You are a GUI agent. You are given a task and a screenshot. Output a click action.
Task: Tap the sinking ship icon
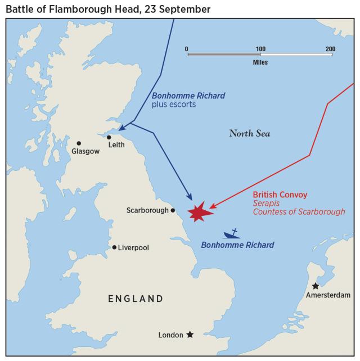(231, 234)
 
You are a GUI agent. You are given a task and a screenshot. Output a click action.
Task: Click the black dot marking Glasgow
(79, 143)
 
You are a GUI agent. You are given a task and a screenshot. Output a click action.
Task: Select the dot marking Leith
(109, 137)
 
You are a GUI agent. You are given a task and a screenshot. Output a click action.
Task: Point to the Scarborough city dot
(173, 211)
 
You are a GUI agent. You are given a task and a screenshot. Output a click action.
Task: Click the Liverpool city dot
(114, 247)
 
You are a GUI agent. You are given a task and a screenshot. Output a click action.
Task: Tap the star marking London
(190, 335)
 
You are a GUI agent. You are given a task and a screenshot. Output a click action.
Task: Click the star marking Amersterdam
(315, 286)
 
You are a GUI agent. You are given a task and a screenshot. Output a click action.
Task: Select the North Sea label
(249, 133)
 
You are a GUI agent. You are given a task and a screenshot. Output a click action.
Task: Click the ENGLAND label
(136, 299)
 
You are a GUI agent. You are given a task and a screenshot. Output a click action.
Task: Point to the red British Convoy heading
(280, 195)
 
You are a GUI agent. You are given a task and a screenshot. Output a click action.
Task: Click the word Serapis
(266, 204)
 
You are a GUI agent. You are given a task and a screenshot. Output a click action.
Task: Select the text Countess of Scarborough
(299, 212)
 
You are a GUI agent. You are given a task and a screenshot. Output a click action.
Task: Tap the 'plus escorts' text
(174, 105)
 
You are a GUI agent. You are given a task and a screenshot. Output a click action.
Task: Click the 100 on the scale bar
(260, 48)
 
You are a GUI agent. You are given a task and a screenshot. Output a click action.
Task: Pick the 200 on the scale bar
(331, 48)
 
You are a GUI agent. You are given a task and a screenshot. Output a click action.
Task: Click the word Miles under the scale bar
(260, 62)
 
